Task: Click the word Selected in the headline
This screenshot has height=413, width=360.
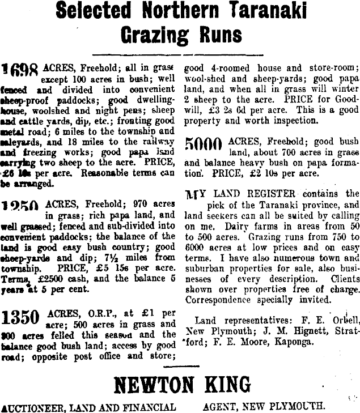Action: pyautogui.click(x=95, y=12)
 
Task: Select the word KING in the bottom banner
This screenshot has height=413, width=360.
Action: pyautogui.click(x=225, y=385)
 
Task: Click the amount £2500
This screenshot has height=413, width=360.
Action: pyautogui.click(x=52, y=279)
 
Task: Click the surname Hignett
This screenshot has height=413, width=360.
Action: pyautogui.click(x=277, y=331)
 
